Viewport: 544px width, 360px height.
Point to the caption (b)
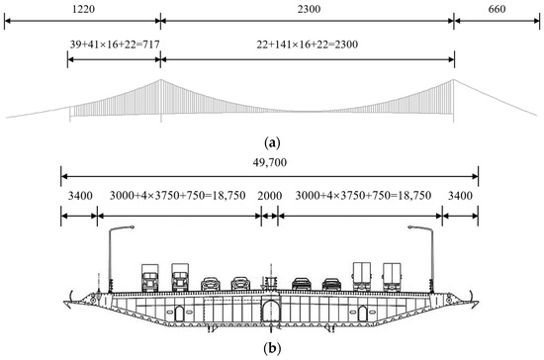tap(269, 348)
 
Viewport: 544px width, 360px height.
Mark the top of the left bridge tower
tap(160, 80)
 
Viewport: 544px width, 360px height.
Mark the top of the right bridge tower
tap(454, 80)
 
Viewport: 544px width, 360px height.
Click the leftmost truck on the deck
tap(150, 277)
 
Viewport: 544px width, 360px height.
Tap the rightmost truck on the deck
tap(392, 276)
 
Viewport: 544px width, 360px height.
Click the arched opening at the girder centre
tap(270, 313)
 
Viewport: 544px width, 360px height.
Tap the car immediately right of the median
tap(302, 284)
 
